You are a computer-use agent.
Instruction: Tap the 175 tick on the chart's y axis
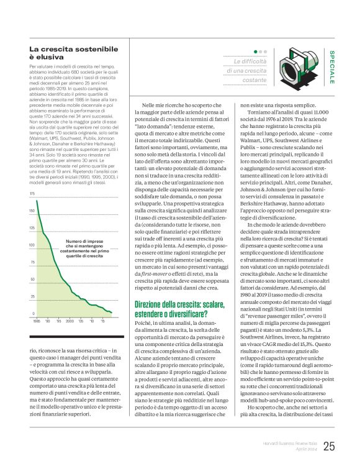pos(32,194)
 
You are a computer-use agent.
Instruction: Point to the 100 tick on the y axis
pos(32,245)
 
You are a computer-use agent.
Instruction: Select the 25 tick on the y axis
pos(32,296)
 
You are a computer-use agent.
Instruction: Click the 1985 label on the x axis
pos(37,321)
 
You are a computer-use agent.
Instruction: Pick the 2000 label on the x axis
pos(69,321)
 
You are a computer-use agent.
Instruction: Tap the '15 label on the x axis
pos(102,321)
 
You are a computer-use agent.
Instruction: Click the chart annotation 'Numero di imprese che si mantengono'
pos(84,245)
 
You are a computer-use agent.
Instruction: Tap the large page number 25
pos(329,446)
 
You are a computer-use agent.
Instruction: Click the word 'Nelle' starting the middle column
pos(150,106)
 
